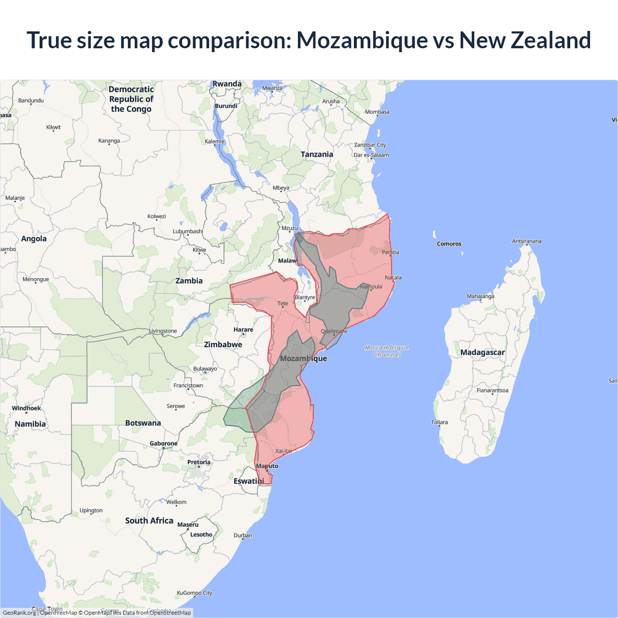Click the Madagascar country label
(482, 352)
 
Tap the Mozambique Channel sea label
(387, 351)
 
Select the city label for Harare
(243, 330)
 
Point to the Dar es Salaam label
(371, 155)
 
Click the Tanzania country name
(317, 154)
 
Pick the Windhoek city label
(27, 408)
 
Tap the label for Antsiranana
(526, 241)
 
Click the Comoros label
(449, 244)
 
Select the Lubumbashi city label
(188, 231)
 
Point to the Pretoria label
(199, 462)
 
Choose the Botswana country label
(143, 423)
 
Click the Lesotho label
(201, 534)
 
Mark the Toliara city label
(439, 422)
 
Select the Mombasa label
(377, 112)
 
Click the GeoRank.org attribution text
(19, 613)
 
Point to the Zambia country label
(189, 281)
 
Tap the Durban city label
(243, 535)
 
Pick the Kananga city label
(109, 141)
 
